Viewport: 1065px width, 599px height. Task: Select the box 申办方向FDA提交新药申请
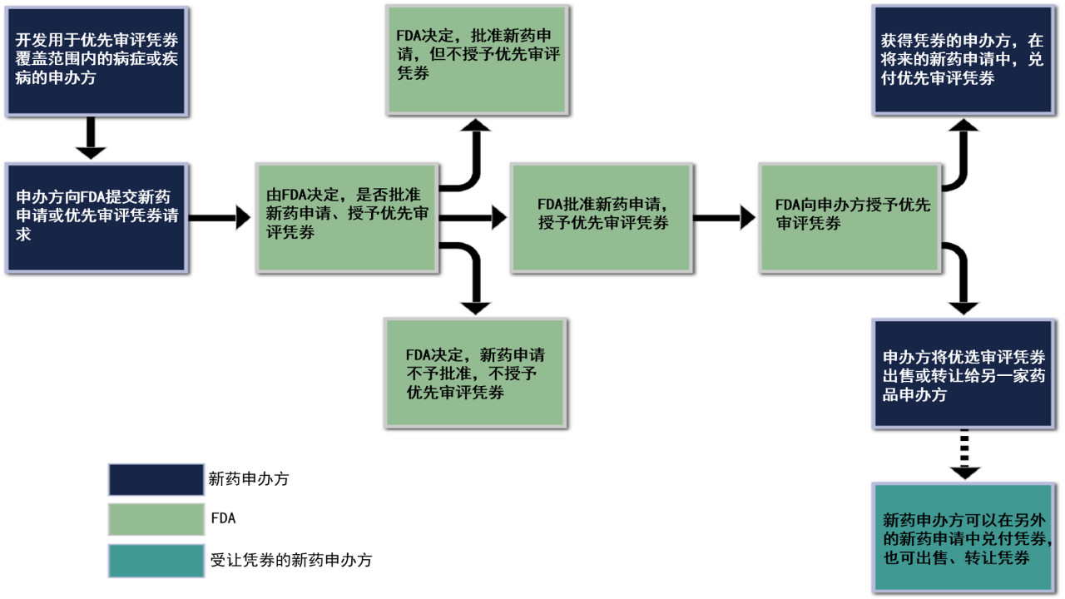[96, 217]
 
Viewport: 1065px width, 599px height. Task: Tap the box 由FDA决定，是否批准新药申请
[345, 217]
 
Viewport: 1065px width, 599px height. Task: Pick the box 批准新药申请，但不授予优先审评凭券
[477, 59]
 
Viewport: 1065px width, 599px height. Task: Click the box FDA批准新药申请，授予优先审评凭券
[601, 217]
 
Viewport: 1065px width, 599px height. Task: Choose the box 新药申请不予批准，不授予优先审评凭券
[475, 371]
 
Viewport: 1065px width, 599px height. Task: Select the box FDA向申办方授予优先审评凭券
[850, 217]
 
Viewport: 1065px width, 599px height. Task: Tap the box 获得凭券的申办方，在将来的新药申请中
[963, 59]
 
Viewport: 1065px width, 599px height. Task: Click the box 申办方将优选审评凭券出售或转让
[963, 373]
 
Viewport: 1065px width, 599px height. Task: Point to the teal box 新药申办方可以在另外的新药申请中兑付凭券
[963, 537]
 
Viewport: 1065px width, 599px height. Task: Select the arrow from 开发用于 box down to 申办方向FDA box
[91, 138]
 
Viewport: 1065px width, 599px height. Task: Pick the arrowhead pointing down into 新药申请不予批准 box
[475, 307]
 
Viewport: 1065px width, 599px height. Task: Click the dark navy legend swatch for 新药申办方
[156, 479]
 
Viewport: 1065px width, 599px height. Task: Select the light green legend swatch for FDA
[156, 518]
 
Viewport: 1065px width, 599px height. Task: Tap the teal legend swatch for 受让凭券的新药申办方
[156, 560]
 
